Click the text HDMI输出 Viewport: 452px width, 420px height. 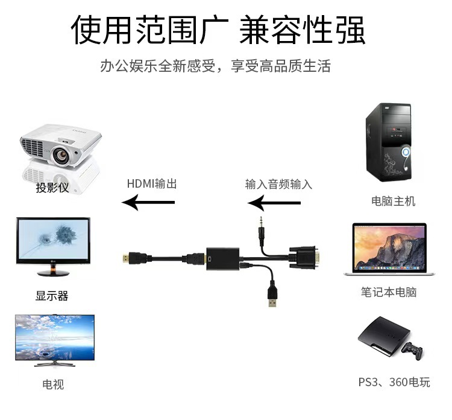pyautogui.click(x=152, y=184)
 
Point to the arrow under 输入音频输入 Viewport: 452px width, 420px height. pyautogui.click(x=274, y=203)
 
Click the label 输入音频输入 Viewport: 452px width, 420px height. pyautogui.click(x=279, y=184)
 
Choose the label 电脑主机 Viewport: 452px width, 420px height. pyautogui.click(x=394, y=201)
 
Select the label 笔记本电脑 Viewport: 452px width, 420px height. pyautogui.click(x=389, y=292)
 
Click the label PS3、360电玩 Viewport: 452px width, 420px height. pyautogui.click(x=394, y=383)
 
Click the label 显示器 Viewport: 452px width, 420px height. pyautogui.click(x=52, y=296)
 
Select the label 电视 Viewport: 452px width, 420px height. pyautogui.click(x=53, y=384)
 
